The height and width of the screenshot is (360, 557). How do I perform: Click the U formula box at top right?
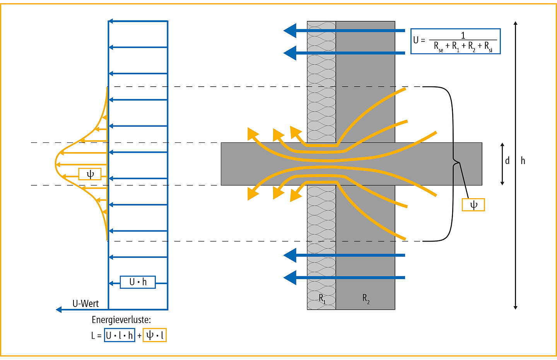click(455, 41)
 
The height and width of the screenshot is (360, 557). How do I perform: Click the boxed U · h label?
click(138, 282)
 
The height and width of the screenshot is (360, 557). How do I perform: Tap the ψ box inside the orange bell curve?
click(90, 174)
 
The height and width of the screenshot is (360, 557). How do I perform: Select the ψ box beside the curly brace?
click(473, 205)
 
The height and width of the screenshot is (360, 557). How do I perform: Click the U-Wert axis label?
click(85, 304)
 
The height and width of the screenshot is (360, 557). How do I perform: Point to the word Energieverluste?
click(121, 320)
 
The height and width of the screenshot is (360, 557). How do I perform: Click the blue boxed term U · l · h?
click(120, 335)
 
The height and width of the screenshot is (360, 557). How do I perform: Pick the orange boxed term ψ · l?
click(155, 335)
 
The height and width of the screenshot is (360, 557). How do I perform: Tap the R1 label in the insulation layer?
click(322, 298)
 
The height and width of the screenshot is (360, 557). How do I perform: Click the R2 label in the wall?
click(366, 298)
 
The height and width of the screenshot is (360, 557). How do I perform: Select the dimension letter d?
click(507, 161)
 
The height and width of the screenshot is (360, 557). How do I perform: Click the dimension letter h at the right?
click(523, 161)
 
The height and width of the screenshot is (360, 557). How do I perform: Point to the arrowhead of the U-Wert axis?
click(59, 309)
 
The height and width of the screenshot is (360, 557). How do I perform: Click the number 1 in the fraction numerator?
click(463, 36)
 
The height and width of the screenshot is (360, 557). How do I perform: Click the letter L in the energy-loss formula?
click(93, 336)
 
